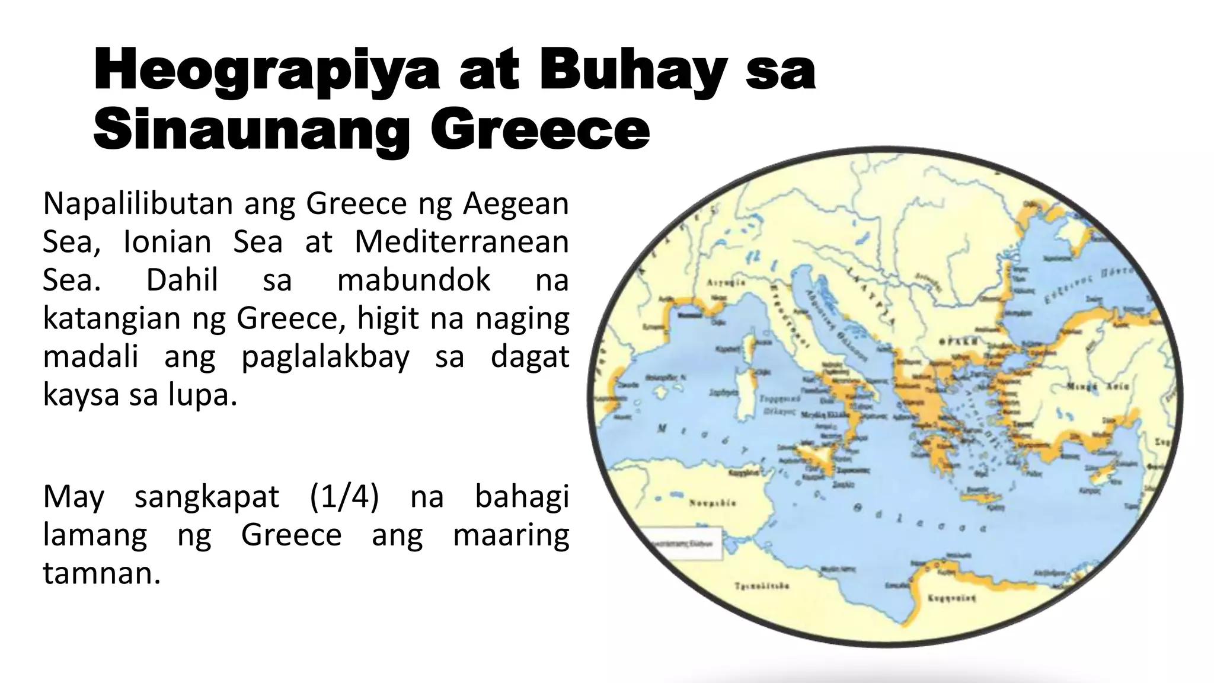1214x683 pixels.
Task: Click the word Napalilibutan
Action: pyautogui.click(x=138, y=204)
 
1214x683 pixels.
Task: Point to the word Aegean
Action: pyautogui.click(x=515, y=204)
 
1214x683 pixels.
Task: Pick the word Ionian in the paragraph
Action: pyautogui.click(x=167, y=242)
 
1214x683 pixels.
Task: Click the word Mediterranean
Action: pyautogui.click(x=461, y=242)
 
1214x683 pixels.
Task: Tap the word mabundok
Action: pyautogui.click(x=414, y=280)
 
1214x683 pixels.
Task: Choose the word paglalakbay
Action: pyautogui.click(x=325, y=357)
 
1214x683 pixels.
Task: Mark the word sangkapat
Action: pyautogui.click(x=206, y=496)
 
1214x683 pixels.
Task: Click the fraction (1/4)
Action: pyautogui.click(x=344, y=496)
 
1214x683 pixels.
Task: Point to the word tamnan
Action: pyautogui.click(x=101, y=573)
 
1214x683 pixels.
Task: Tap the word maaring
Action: pyautogui.click(x=510, y=535)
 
